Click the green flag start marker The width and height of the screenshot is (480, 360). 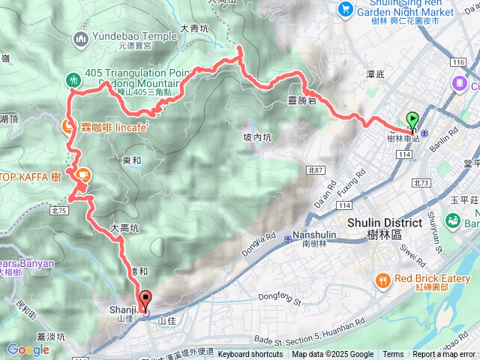(412, 118)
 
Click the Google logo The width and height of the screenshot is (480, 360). (28, 349)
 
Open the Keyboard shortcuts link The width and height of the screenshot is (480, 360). (250, 355)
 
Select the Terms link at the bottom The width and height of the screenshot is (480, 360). (393, 355)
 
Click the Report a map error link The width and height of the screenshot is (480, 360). (443, 355)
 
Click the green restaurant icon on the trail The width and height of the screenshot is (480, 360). (73, 79)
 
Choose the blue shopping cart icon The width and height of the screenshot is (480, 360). (345, 8)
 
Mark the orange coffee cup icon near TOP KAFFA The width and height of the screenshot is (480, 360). (82, 175)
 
